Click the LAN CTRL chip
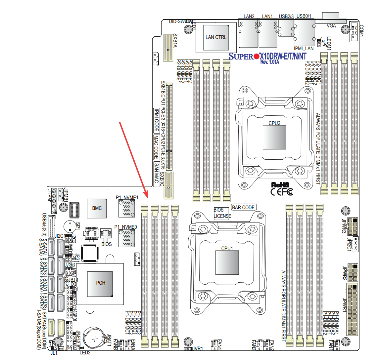216,37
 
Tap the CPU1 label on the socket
227,248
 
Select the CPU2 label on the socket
274,123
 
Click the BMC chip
97,208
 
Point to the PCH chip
101,283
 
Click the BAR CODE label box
243,207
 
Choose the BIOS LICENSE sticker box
222,213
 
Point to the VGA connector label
331,26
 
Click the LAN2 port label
249,16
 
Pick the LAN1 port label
267,16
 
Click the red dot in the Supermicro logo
256,57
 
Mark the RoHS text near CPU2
280,185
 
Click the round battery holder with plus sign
95,339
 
